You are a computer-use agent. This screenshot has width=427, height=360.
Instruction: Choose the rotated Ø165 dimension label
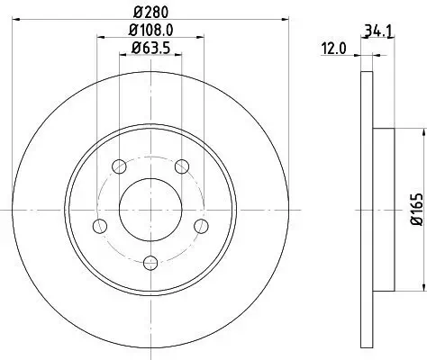[416, 209]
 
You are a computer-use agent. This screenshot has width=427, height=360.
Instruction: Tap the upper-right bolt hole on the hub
[182, 166]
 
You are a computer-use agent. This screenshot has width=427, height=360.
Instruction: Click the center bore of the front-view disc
[150, 208]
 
